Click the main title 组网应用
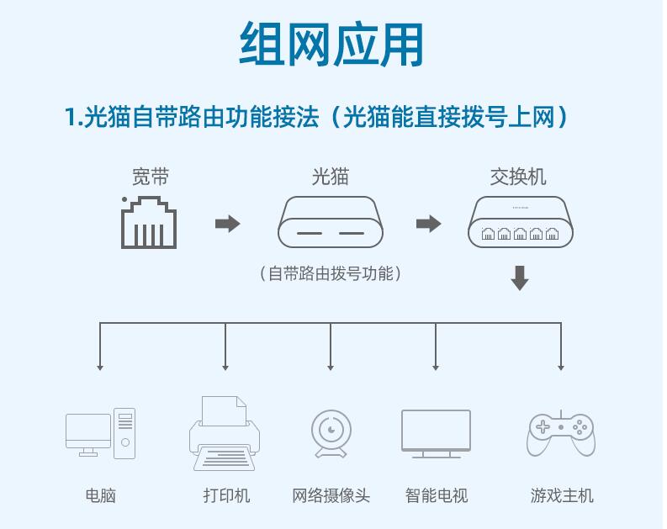pos(331,44)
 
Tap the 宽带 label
pos(150,177)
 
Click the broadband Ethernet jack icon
pos(149,223)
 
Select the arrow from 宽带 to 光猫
pos(228,224)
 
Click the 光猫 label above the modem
pos(330,177)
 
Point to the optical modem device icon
pos(330,223)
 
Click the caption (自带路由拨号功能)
pos(330,273)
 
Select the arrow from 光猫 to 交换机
pos(429,224)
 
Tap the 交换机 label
pos(518,177)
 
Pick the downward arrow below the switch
pos(520,278)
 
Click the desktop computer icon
pos(100,433)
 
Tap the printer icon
pos(225,433)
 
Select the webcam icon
pos(330,434)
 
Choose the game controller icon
pos(560,433)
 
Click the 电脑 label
pos(100,495)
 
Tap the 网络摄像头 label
pos(331,495)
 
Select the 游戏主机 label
pos(562,495)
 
